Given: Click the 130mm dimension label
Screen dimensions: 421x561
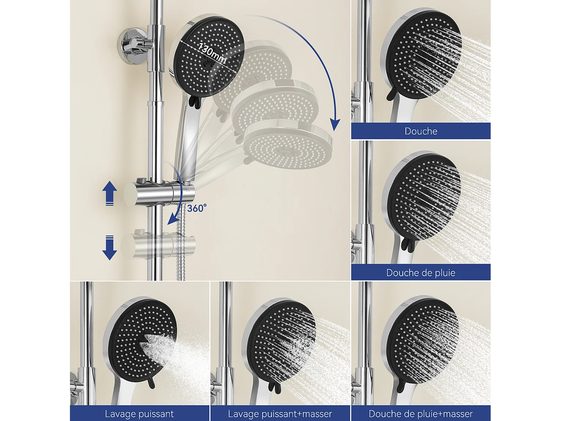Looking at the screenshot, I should [x=212, y=53].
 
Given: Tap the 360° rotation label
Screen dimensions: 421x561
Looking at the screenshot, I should [x=197, y=208].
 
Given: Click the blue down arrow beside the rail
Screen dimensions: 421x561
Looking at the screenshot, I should [x=110, y=248].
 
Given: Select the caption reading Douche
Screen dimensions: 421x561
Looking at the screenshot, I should [x=421, y=131].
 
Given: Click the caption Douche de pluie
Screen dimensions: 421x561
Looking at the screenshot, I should [x=421, y=273].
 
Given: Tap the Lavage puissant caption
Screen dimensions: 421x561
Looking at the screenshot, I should [x=140, y=414].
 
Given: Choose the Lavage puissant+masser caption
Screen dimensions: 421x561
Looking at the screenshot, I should [x=280, y=414].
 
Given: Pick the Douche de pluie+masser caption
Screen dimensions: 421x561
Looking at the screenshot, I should [x=421, y=414].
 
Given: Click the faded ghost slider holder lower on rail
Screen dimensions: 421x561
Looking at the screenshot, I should [x=161, y=245].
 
